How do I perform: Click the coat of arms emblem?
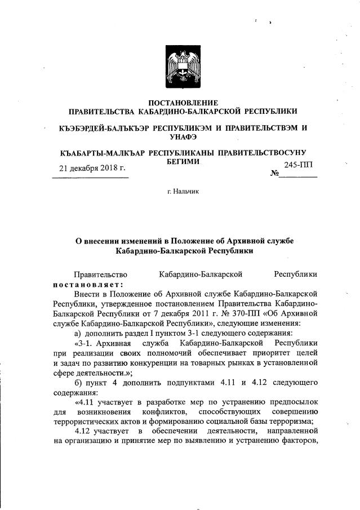[x=183, y=68]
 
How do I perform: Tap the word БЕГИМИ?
[x=183, y=161]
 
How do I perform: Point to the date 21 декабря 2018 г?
[x=92, y=168]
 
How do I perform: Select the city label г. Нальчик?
[x=183, y=192]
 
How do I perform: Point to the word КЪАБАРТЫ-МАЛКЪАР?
[x=100, y=153]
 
